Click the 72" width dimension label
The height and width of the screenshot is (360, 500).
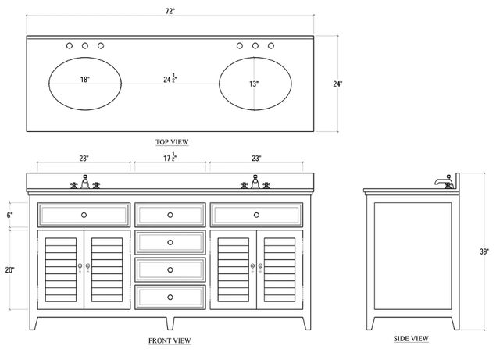[170, 11]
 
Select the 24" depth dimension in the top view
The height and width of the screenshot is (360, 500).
[337, 84]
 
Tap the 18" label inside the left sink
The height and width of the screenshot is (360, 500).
[85, 80]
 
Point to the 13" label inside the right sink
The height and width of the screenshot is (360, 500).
[254, 84]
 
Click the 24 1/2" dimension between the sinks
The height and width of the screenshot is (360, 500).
[170, 78]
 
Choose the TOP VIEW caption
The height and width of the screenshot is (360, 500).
[172, 142]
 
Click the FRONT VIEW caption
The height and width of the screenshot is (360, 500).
[170, 341]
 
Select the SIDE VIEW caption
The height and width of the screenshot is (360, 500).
[411, 339]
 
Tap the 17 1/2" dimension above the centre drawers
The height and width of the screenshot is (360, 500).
[170, 157]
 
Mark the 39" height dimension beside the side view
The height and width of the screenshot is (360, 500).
[484, 251]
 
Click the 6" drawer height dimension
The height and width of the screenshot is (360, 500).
[9, 216]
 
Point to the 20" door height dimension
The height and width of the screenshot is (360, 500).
[9, 270]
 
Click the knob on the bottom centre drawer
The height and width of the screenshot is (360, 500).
[170, 298]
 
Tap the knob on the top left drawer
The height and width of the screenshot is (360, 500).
[84, 215]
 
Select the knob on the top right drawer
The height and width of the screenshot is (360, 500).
[256, 215]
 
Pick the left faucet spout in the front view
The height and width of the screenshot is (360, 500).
[85, 181]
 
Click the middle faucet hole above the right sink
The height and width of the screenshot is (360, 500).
[255, 45]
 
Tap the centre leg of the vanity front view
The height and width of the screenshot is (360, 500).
[170, 323]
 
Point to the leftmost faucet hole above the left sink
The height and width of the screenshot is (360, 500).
[70, 45]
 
